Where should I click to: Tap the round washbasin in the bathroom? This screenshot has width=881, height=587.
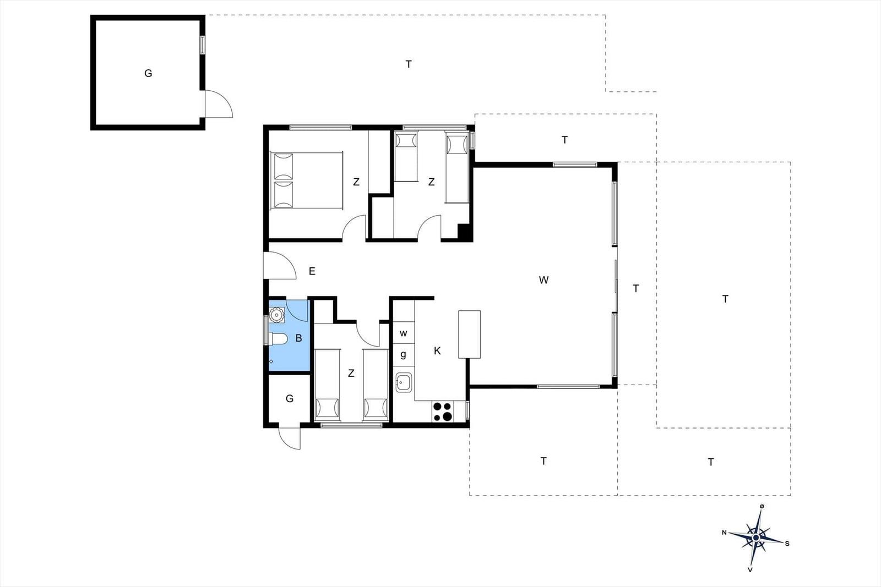click(277, 315)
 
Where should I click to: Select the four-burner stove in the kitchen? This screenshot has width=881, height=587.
click(443, 412)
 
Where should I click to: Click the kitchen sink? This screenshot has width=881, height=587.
click(404, 382)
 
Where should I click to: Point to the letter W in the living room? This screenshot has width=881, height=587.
click(543, 280)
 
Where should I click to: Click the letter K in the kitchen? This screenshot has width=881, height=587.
click(437, 351)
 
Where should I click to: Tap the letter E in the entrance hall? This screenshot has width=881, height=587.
click(312, 271)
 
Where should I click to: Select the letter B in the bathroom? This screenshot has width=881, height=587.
click(298, 338)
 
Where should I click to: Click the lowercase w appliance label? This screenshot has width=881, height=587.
click(403, 333)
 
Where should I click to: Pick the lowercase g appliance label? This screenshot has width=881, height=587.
click(403, 355)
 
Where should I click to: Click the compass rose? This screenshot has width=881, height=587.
click(756, 537)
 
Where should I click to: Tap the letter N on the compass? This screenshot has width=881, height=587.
click(724, 533)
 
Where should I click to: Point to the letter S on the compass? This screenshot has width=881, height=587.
click(787, 544)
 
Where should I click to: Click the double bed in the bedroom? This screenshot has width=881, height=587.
click(306, 180)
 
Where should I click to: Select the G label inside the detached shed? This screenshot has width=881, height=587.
click(148, 73)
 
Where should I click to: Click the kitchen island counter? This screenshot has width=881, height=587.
click(470, 334)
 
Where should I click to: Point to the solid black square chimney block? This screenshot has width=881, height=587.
click(465, 232)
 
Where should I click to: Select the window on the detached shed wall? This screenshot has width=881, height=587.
click(202, 45)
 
